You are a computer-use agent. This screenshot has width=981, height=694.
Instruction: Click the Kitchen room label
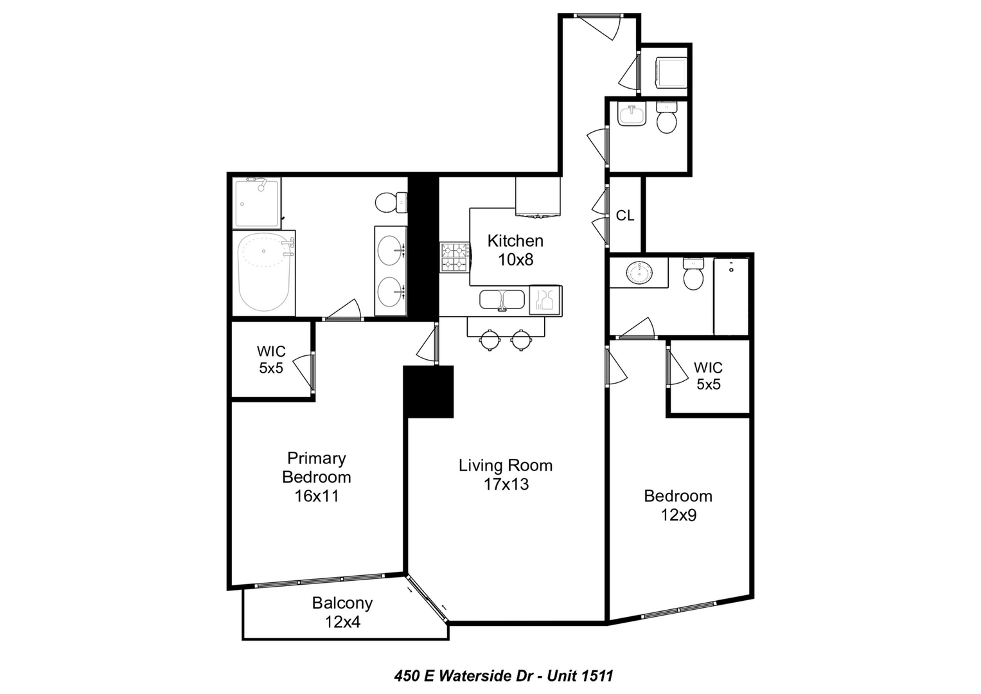pyautogui.click(x=515, y=241)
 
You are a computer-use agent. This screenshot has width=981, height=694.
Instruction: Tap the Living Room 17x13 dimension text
pyautogui.click(x=506, y=484)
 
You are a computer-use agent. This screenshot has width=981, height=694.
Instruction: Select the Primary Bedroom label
pyautogui.click(x=316, y=468)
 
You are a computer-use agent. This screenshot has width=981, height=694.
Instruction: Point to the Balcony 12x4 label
pyautogui.click(x=342, y=612)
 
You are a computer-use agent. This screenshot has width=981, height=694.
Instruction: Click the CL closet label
pyautogui.click(x=625, y=215)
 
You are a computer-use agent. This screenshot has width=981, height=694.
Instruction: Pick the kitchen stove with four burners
pyautogui.click(x=455, y=257)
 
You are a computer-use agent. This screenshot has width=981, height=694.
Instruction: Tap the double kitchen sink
pyautogui.click(x=502, y=299)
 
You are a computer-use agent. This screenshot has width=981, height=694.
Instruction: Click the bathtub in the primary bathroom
pyautogui.click(x=263, y=272)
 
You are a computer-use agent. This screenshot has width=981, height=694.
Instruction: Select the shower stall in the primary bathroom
pyautogui.click(x=256, y=203)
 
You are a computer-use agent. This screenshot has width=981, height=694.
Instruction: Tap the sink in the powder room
pyautogui.click(x=632, y=115)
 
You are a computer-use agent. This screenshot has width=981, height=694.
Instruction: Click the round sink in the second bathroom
pyautogui.click(x=639, y=272)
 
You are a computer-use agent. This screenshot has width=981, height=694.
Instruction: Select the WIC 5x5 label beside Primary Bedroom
pyautogui.click(x=271, y=360)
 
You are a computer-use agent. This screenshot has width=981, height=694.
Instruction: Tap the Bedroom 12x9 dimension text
pyautogui.click(x=678, y=515)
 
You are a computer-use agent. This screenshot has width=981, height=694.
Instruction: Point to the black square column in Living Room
pyautogui.click(x=429, y=392)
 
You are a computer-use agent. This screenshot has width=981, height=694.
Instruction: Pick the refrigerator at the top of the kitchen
pyautogui.click(x=538, y=197)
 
